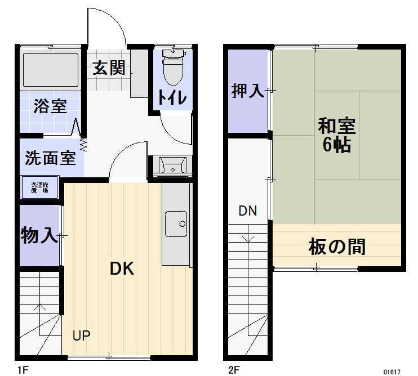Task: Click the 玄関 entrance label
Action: [x=109, y=69]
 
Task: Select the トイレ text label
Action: [x=171, y=98]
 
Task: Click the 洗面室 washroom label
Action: [x=50, y=158]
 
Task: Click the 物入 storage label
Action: [x=39, y=235]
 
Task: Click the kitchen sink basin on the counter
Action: [x=176, y=223]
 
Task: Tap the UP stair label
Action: [x=82, y=336]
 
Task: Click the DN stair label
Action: [x=247, y=212]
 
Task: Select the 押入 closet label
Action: [x=248, y=91]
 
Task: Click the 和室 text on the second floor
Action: [x=337, y=125]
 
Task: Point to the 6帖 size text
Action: [x=336, y=145]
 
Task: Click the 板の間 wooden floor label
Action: [x=337, y=246]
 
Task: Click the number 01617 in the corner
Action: [x=392, y=371]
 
